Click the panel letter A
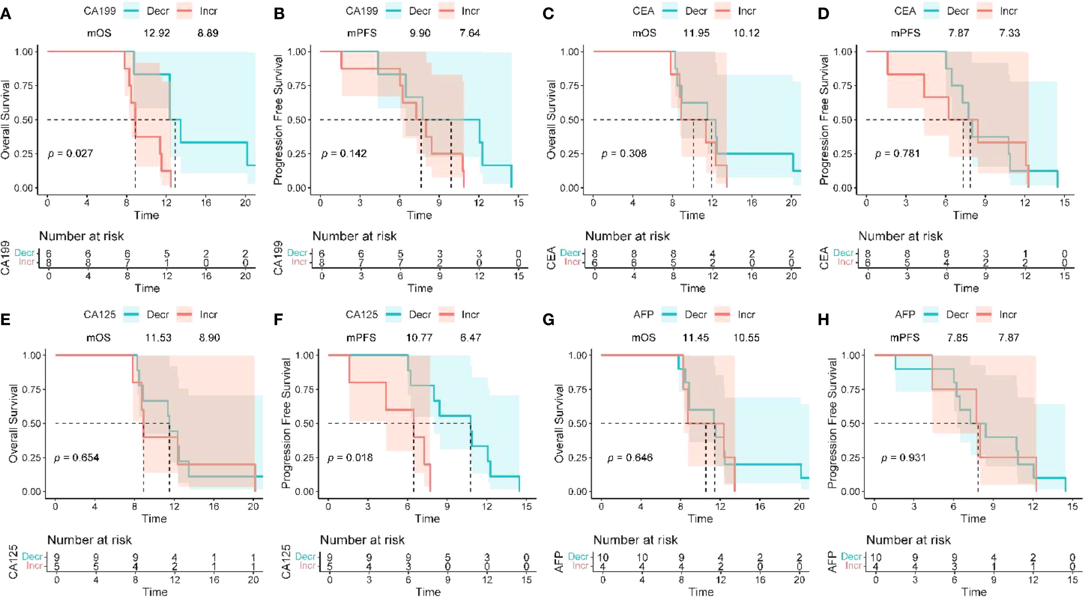click(6, 14)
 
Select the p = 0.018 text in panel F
click(350, 458)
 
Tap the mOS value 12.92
click(157, 33)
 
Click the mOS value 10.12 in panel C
click(746, 33)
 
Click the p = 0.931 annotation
click(903, 458)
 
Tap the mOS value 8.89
click(208, 33)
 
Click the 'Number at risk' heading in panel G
click(635, 540)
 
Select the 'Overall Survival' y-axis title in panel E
click(13, 423)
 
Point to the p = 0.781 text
click(897, 154)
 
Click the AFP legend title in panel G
click(644, 314)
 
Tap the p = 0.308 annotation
click(624, 154)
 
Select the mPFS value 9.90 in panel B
click(420, 33)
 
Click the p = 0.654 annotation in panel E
click(77, 458)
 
